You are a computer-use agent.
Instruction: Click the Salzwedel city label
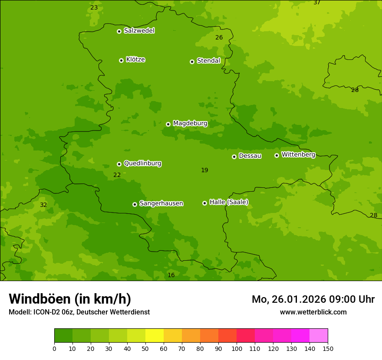(x=139, y=31)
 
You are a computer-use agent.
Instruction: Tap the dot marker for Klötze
(x=121, y=60)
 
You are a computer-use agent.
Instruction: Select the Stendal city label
(x=208, y=61)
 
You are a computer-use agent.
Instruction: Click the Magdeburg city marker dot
(x=168, y=124)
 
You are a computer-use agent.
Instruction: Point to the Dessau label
(x=250, y=156)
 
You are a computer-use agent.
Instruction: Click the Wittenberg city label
(x=298, y=154)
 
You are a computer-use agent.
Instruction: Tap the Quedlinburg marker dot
(x=119, y=164)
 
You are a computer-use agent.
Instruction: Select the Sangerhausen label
(x=161, y=203)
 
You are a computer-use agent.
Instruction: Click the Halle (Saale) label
(x=229, y=202)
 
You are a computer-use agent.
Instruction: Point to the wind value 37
(x=317, y=3)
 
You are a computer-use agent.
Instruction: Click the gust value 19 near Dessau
(x=204, y=170)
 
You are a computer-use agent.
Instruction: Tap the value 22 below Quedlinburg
(x=117, y=175)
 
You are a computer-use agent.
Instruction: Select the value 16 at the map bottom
(x=171, y=275)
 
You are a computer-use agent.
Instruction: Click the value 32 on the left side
(x=43, y=205)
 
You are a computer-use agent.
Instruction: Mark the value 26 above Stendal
(x=219, y=38)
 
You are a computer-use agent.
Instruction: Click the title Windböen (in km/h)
(x=70, y=299)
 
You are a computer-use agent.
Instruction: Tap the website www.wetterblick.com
(x=313, y=312)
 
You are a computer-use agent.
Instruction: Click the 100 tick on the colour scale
(x=237, y=348)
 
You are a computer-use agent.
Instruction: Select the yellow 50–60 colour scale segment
(x=155, y=336)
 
